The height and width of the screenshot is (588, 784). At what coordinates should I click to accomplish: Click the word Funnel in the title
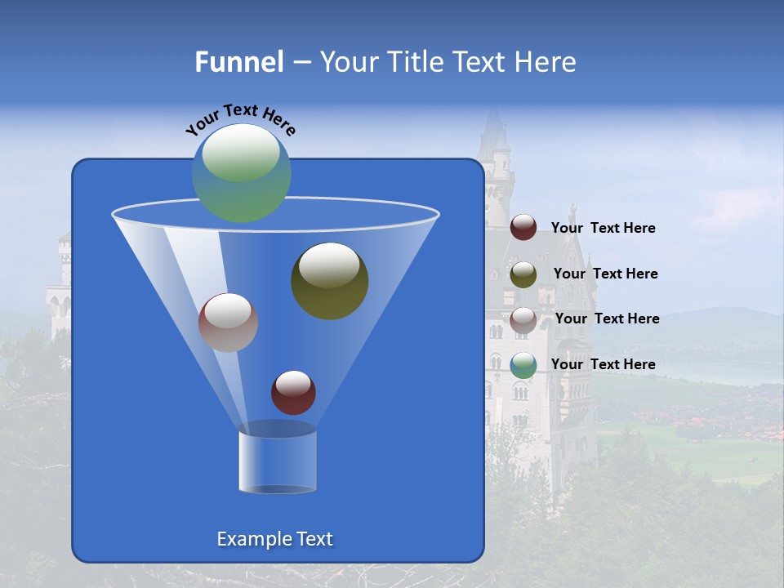(238, 62)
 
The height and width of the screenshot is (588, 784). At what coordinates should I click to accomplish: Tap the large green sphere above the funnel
(242, 173)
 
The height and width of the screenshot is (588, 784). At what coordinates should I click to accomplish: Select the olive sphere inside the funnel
(329, 281)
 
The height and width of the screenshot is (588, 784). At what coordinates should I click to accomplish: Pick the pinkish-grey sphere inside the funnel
(228, 323)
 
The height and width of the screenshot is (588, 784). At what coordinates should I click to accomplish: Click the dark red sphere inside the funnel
(293, 393)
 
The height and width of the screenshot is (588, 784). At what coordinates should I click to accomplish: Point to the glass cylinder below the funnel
(277, 461)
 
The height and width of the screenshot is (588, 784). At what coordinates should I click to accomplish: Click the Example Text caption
(274, 539)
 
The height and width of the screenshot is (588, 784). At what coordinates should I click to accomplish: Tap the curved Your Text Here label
(240, 119)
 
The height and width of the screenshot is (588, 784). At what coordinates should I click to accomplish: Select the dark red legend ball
(523, 227)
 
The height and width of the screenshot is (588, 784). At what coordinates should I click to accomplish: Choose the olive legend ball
(523, 274)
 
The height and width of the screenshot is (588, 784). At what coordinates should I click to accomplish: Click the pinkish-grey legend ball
(523, 320)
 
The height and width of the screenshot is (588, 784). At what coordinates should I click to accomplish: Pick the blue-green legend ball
(523, 365)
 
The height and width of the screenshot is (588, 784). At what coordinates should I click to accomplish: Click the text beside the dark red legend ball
(603, 228)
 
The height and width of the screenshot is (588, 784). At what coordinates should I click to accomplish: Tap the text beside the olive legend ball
(605, 274)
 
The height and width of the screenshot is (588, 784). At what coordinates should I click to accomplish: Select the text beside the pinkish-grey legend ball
(607, 318)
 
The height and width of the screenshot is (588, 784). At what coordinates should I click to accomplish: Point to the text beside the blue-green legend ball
(603, 364)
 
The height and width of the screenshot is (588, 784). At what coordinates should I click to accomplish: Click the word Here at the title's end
(546, 62)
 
